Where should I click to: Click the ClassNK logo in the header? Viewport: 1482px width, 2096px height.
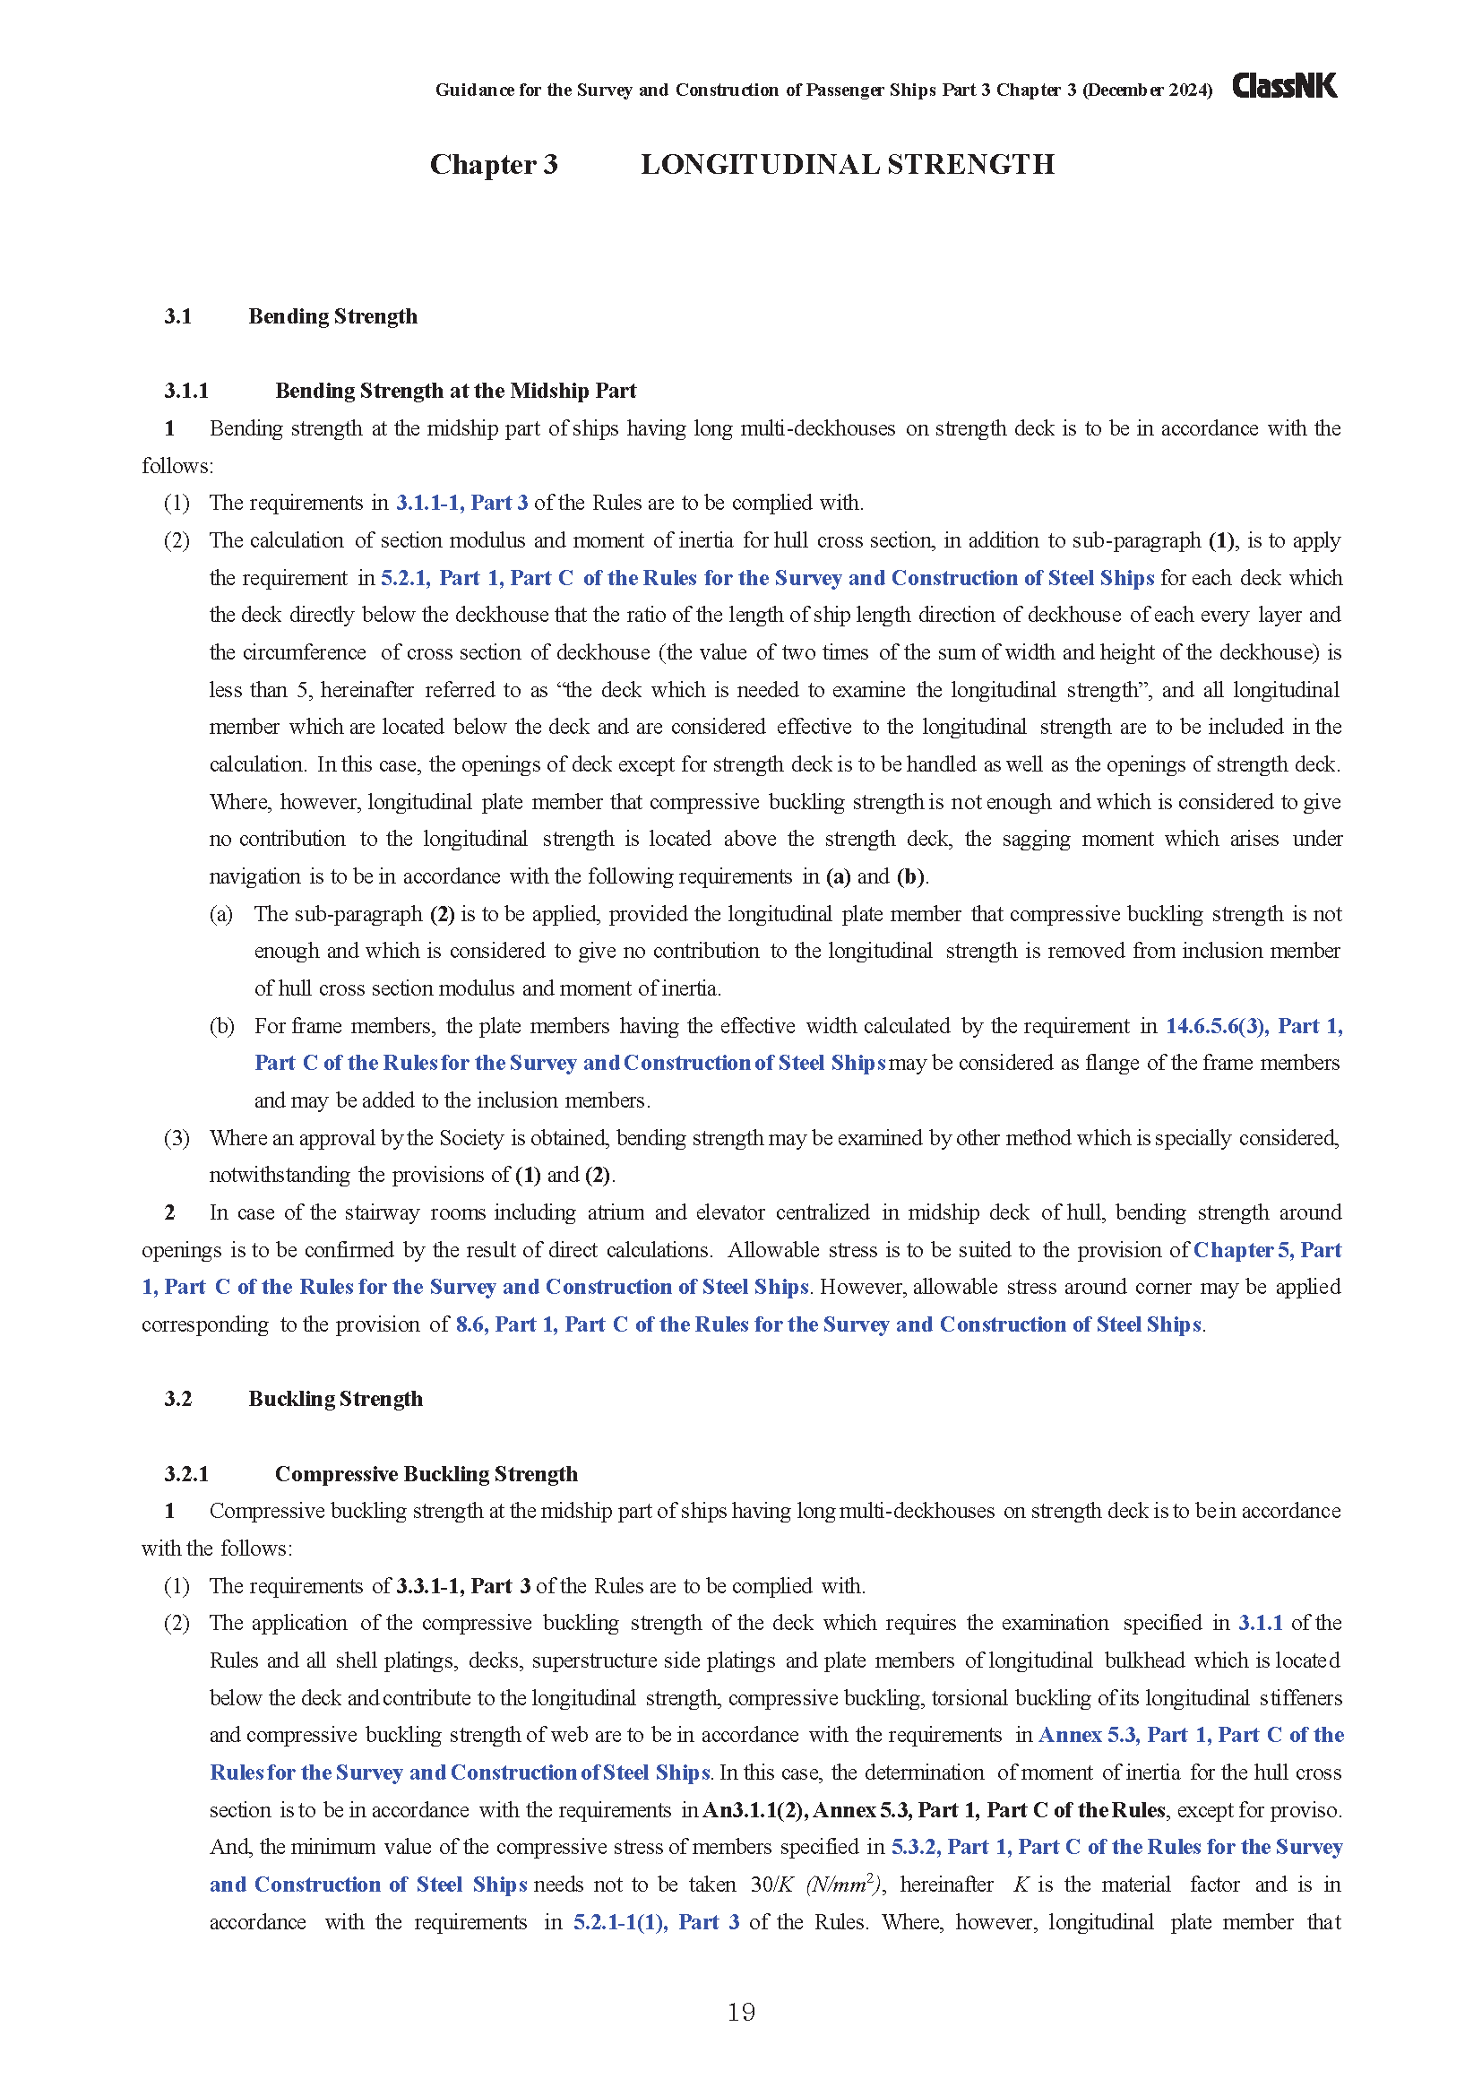tap(1284, 86)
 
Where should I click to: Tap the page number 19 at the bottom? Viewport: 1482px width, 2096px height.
tap(741, 2012)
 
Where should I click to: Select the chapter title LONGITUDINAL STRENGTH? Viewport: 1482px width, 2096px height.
tap(847, 164)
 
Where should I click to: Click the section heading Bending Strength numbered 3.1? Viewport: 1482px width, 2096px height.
tap(332, 315)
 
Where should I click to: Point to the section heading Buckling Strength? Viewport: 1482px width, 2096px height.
tap(335, 1399)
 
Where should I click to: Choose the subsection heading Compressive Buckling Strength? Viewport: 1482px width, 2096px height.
tap(427, 1473)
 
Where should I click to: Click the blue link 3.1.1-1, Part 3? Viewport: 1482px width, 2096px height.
tap(461, 502)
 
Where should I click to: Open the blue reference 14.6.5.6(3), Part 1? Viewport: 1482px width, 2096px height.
tap(1253, 1025)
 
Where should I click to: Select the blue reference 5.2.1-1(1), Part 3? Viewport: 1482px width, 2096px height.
tap(655, 1921)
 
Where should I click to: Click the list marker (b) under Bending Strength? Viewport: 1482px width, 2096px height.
tap(220, 1025)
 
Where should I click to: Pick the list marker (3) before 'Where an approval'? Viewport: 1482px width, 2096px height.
tap(177, 1137)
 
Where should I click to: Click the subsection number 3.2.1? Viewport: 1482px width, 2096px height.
tap(186, 1473)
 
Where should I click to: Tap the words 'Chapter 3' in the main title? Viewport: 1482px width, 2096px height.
tap(493, 164)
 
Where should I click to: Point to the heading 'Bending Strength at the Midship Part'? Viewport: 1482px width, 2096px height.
tap(455, 391)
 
